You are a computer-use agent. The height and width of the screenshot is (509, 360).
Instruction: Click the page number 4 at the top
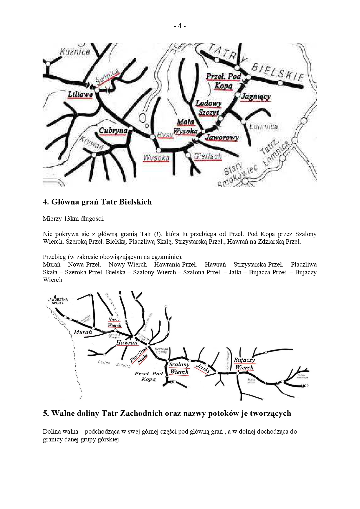click(180, 26)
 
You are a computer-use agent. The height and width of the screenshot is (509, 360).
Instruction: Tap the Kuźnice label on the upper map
click(75, 52)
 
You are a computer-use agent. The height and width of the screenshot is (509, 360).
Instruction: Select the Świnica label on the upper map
click(108, 77)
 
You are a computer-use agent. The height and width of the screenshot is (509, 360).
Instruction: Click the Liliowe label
click(80, 95)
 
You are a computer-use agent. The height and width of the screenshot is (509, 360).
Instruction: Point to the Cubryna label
click(113, 131)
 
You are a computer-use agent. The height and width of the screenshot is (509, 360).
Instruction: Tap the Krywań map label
click(92, 143)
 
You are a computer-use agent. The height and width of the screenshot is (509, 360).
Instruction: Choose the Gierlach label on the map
click(208, 157)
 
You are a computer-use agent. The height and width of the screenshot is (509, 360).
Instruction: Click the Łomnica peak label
click(263, 127)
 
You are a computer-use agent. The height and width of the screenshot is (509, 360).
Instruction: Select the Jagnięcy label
click(256, 97)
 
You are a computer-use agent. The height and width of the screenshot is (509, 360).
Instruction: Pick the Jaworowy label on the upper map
click(222, 137)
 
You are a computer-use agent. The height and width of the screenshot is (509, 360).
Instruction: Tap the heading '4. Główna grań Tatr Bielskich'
click(97, 202)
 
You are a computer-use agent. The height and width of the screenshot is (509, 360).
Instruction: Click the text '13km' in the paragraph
click(71, 219)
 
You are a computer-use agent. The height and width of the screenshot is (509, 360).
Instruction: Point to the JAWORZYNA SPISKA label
click(58, 301)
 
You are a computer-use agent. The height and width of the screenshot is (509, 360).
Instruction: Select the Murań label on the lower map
click(83, 332)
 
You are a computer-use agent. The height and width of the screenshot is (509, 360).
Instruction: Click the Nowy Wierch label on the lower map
click(114, 323)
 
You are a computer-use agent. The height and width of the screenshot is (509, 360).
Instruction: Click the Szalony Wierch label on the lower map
click(179, 368)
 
